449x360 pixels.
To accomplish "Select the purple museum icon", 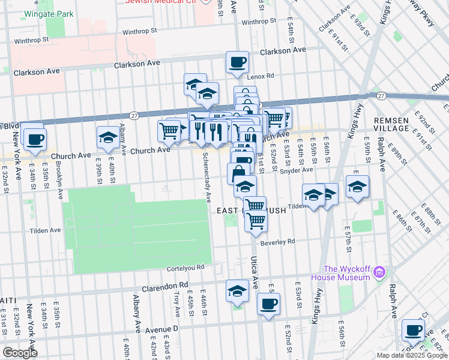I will (378, 274).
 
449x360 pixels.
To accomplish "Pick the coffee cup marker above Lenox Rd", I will (238, 62).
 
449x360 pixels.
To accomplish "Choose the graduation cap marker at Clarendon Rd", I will (238, 291).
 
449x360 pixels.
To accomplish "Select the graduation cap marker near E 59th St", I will (358, 186).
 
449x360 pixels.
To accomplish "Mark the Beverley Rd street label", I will (278, 241).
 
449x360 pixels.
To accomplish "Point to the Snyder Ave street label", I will (296, 170).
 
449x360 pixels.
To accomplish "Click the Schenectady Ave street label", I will (206, 176).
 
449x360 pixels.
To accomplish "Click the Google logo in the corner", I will (20, 353).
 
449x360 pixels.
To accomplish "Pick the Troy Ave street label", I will (176, 305).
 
